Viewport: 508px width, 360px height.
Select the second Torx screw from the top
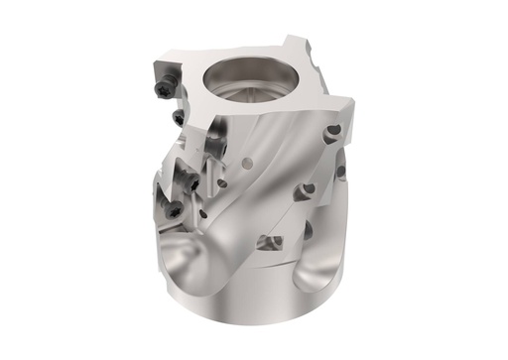point(179,119)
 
